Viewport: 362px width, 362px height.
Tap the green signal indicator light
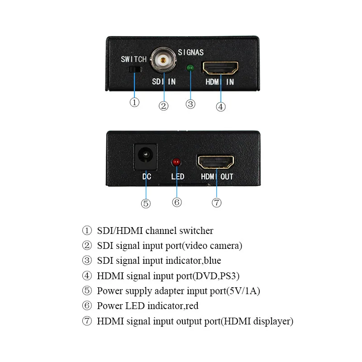191,68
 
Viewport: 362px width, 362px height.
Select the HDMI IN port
221,68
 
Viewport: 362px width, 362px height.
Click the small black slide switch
134,70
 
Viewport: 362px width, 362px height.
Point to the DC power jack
146,157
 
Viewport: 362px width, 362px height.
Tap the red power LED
176,162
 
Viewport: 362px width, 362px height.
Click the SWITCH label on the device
133,59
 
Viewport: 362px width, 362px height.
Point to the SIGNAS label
191,52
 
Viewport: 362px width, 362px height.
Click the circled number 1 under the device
134,102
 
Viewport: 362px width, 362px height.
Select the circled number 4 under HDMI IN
220,107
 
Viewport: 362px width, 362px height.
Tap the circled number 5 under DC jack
146,204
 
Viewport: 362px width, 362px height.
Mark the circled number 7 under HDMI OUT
216,203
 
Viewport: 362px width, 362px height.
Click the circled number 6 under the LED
177,202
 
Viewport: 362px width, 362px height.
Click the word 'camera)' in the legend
226,246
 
